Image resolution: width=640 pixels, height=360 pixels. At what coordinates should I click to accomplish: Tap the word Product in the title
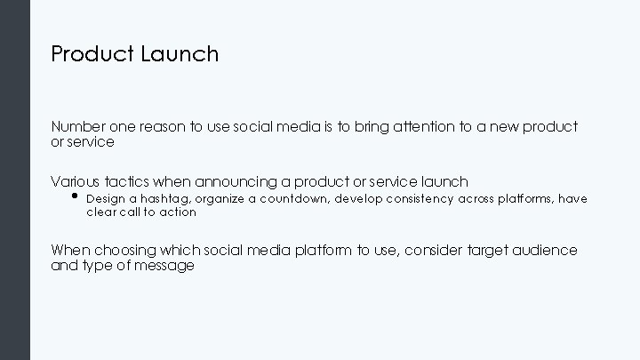[x=92, y=54]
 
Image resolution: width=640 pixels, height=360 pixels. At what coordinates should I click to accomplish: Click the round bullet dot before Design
[x=75, y=197]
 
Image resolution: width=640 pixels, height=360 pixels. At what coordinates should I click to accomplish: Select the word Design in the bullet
[x=105, y=199]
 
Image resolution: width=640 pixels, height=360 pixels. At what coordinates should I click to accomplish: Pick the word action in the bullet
[x=179, y=212]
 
